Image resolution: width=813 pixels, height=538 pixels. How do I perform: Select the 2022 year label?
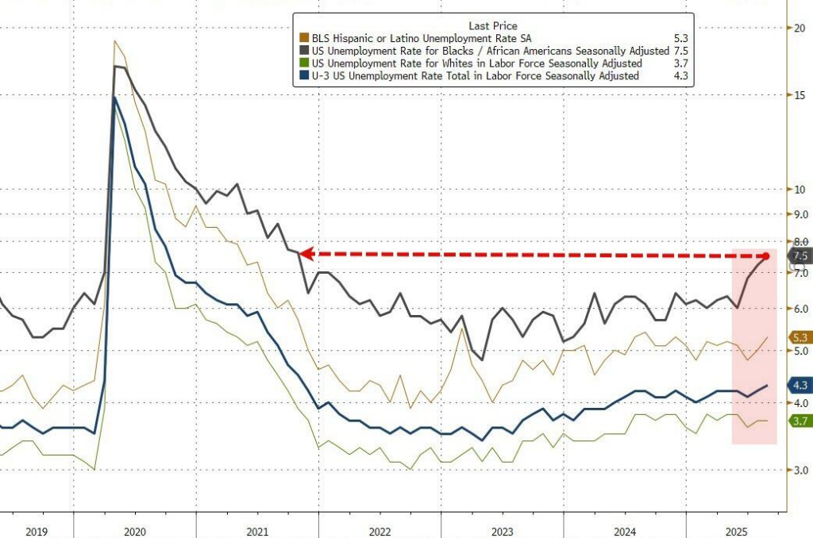point(379,532)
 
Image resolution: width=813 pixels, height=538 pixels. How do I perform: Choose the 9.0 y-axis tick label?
point(800,214)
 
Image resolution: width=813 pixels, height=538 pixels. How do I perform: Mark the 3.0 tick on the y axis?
point(800,471)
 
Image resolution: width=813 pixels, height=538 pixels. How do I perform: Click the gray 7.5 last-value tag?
point(800,256)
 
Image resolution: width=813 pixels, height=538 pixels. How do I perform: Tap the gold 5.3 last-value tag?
point(800,337)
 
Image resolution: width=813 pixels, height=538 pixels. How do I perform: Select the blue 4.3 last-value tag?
point(800,386)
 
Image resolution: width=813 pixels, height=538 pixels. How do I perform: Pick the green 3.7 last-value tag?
point(800,421)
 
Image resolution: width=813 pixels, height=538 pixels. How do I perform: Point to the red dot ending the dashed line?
point(766,256)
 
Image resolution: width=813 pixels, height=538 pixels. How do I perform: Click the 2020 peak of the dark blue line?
point(115,98)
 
